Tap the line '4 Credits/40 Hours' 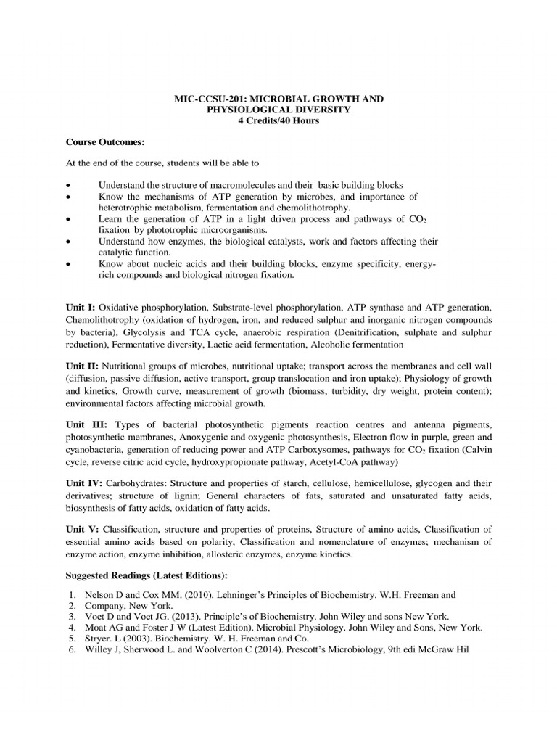pyautogui.click(x=278, y=120)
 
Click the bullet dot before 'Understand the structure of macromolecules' pyautogui.click(x=67, y=185)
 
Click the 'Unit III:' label pyautogui.click(x=86, y=424)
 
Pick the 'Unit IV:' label pyautogui.click(x=84, y=482)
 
